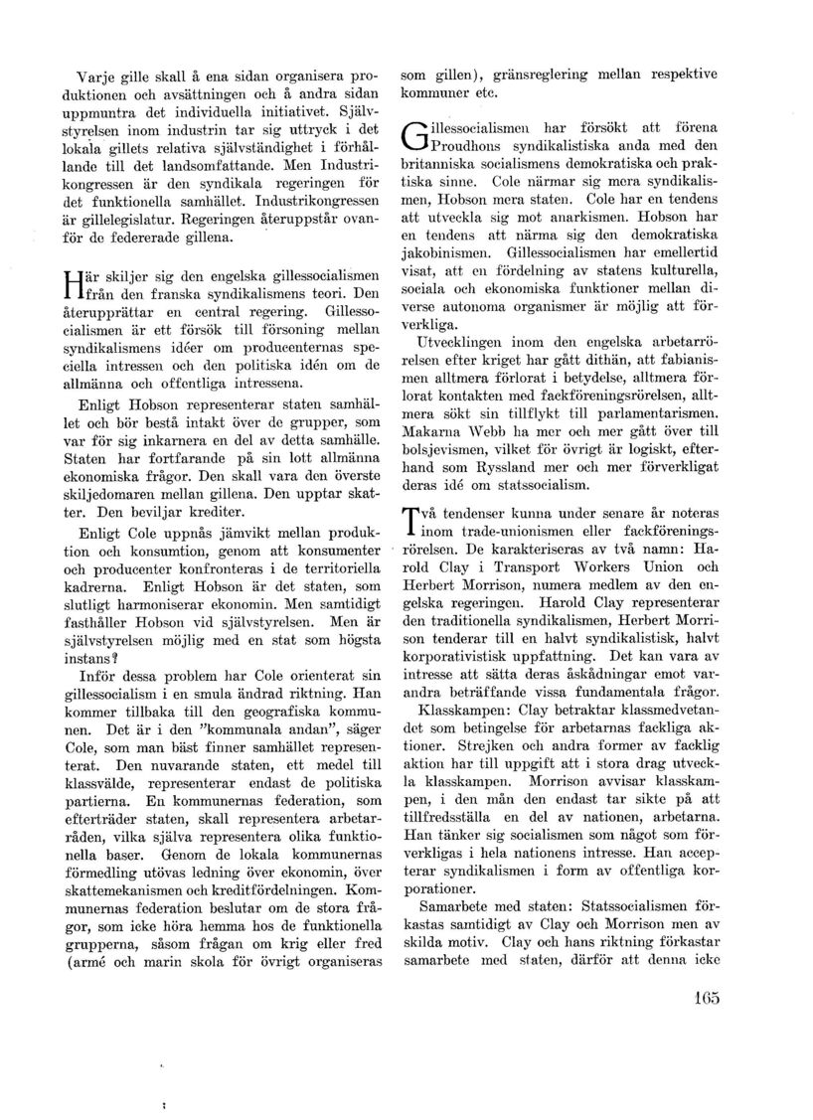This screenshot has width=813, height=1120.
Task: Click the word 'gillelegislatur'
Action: tap(109, 222)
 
